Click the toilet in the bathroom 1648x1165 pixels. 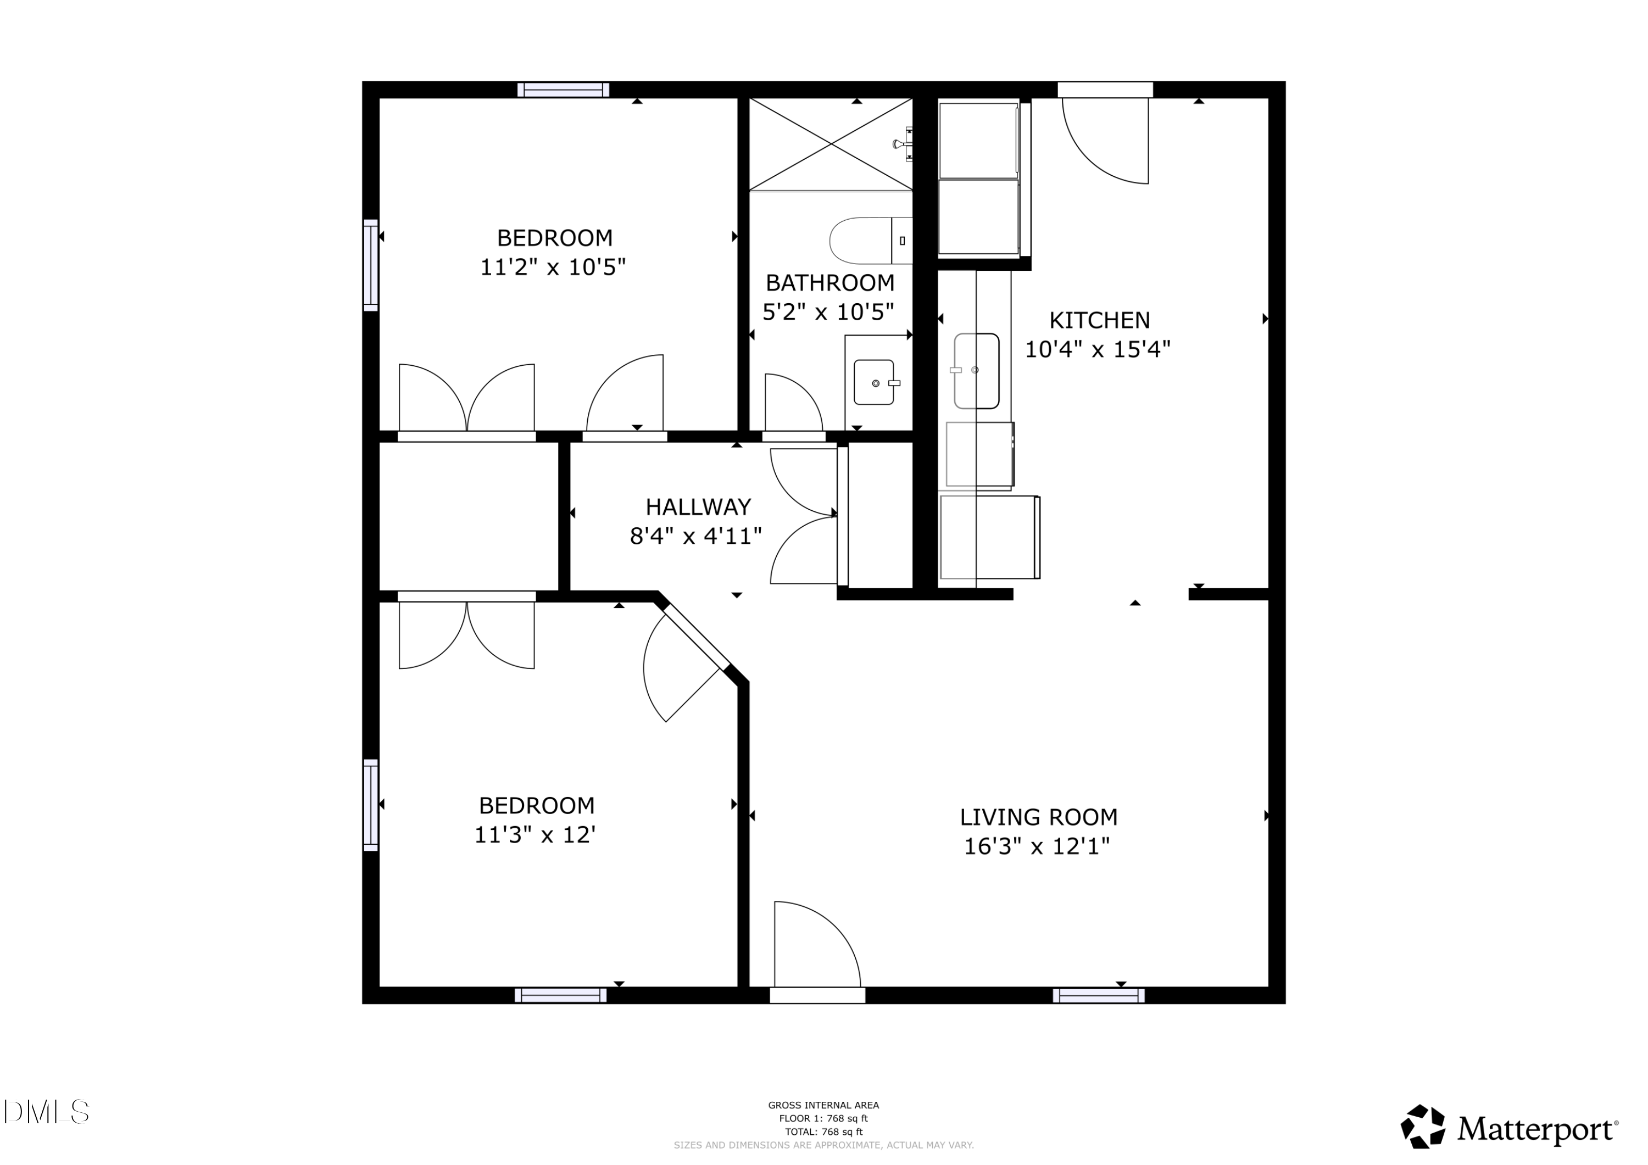[x=869, y=241]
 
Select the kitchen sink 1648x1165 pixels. [x=976, y=370]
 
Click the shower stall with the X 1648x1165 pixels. [x=831, y=144]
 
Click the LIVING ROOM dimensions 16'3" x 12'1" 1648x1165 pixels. [x=1037, y=847]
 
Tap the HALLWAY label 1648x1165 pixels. [x=698, y=508]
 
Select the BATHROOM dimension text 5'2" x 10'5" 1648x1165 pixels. [x=828, y=312]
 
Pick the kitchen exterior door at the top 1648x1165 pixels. [x=1105, y=136]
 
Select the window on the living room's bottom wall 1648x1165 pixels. [x=1098, y=996]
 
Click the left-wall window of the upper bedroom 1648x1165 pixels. [x=370, y=265]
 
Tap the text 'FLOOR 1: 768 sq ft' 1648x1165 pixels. [x=823, y=1118]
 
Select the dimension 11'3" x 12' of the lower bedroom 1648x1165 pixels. [x=536, y=835]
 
